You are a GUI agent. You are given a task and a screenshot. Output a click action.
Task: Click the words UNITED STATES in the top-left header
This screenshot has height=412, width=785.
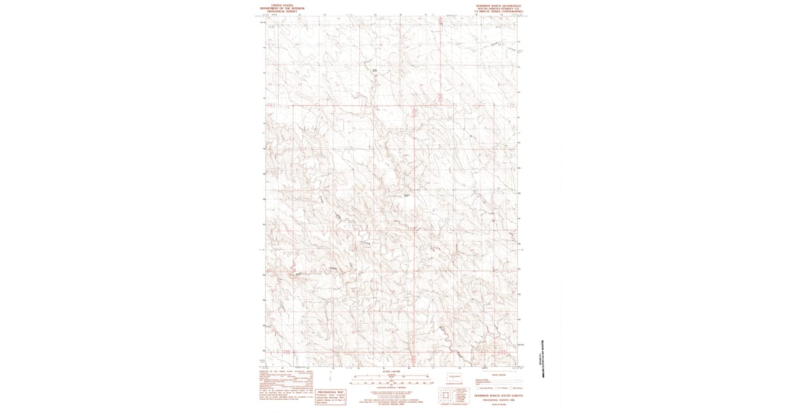click(x=279, y=4)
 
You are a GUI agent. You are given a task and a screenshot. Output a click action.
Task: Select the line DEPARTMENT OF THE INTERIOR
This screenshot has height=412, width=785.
click(x=279, y=8)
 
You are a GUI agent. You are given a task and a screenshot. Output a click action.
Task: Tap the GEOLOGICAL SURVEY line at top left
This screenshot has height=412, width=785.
click(x=279, y=12)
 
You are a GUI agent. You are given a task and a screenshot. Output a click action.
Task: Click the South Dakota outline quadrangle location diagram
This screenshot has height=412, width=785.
click(x=450, y=377)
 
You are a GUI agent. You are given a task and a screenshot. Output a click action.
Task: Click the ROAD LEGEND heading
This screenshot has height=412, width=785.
click(x=498, y=374)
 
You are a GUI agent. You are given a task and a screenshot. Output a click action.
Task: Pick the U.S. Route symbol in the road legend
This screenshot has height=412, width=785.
click(x=500, y=388)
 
